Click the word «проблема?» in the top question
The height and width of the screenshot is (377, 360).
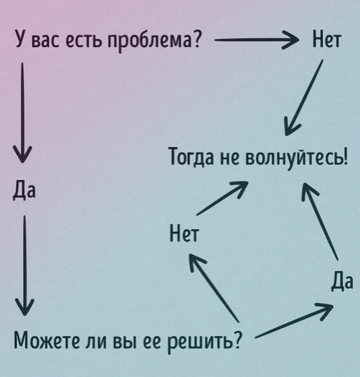coord(153,40)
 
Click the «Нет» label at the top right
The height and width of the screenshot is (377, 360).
coord(327,39)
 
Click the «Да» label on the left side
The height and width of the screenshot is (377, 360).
coord(24,191)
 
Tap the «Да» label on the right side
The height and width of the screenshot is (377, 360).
coord(342,281)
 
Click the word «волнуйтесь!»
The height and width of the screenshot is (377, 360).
coord(297,157)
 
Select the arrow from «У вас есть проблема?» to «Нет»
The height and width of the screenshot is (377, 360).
coord(256,40)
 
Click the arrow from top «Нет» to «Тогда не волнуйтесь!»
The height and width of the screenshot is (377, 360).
coord(304,97)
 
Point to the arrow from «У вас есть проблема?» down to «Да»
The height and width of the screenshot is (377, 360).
coord(22,113)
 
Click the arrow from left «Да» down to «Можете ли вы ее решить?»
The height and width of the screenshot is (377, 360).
coord(24,265)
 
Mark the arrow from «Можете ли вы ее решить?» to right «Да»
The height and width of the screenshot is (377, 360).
coord(294,320)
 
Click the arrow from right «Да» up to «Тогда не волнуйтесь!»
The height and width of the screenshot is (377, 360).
coord(320,221)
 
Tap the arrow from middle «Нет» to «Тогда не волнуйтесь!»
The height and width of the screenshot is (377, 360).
coord(222,198)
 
